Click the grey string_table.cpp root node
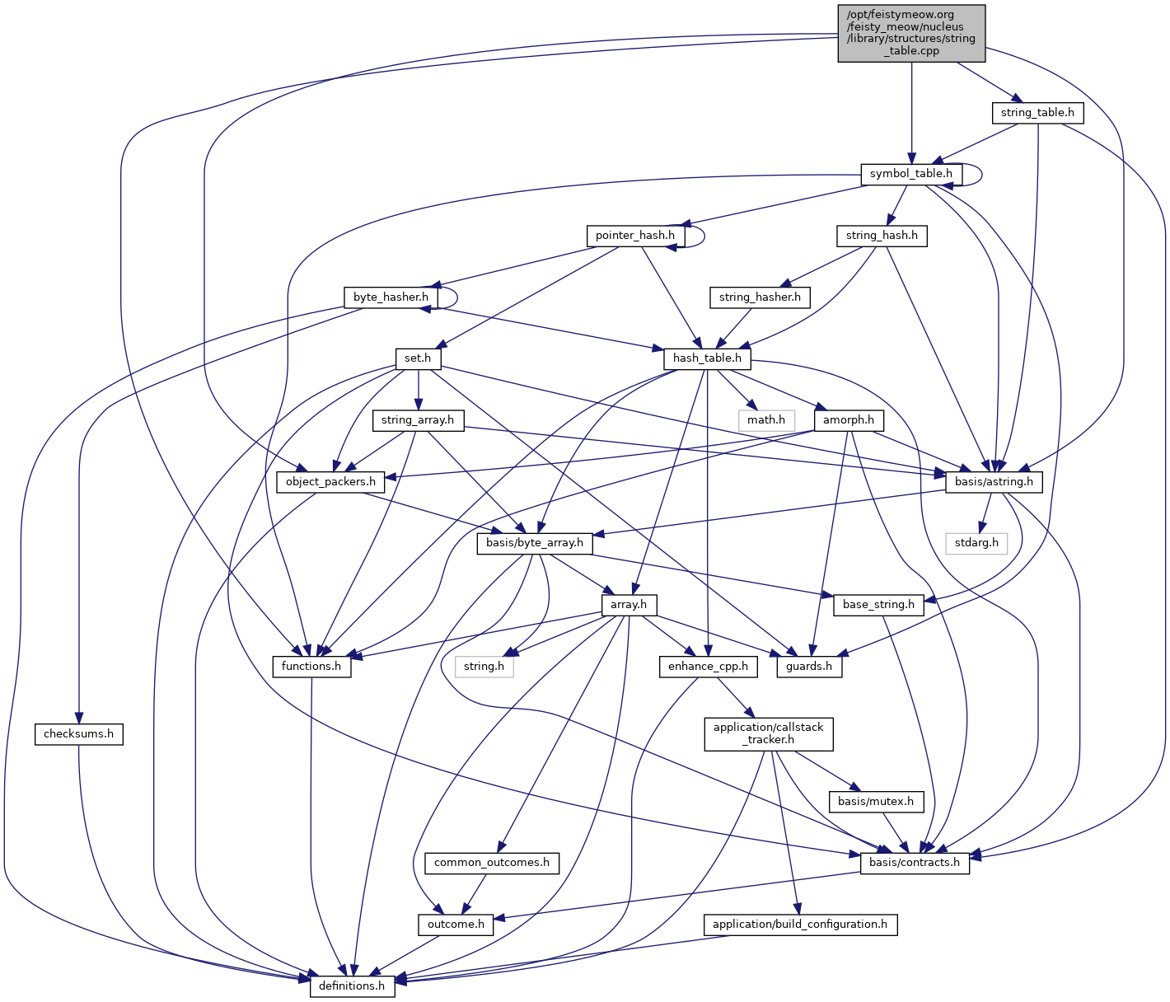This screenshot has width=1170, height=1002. [x=911, y=33]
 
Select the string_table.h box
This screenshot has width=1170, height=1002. [x=1037, y=112]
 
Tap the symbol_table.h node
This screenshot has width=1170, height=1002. [x=910, y=174]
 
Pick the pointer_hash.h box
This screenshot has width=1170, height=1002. [x=634, y=236]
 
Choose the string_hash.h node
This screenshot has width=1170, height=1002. [x=882, y=236]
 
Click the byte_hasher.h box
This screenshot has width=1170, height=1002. [x=391, y=297]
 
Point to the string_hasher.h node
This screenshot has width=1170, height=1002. [x=759, y=297]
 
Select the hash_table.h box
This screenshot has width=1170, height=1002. [x=707, y=358]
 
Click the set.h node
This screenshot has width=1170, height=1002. [x=418, y=358]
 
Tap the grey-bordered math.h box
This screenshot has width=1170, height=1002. [x=766, y=420]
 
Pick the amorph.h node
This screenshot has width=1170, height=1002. [x=849, y=420]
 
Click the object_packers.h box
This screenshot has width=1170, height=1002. [x=330, y=482]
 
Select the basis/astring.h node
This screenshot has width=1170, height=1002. [x=994, y=482]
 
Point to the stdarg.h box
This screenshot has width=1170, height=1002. [x=976, y=543]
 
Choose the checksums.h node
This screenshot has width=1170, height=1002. [x=78, y=734]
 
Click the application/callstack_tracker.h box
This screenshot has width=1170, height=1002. [x=768, y=733]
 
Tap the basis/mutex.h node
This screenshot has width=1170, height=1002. [x=875, y=801]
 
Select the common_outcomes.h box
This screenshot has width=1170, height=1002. [x=491, y=863]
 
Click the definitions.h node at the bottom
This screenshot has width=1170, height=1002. [x=352, y=986]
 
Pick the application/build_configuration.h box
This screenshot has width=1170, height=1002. [x=799, y=925]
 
